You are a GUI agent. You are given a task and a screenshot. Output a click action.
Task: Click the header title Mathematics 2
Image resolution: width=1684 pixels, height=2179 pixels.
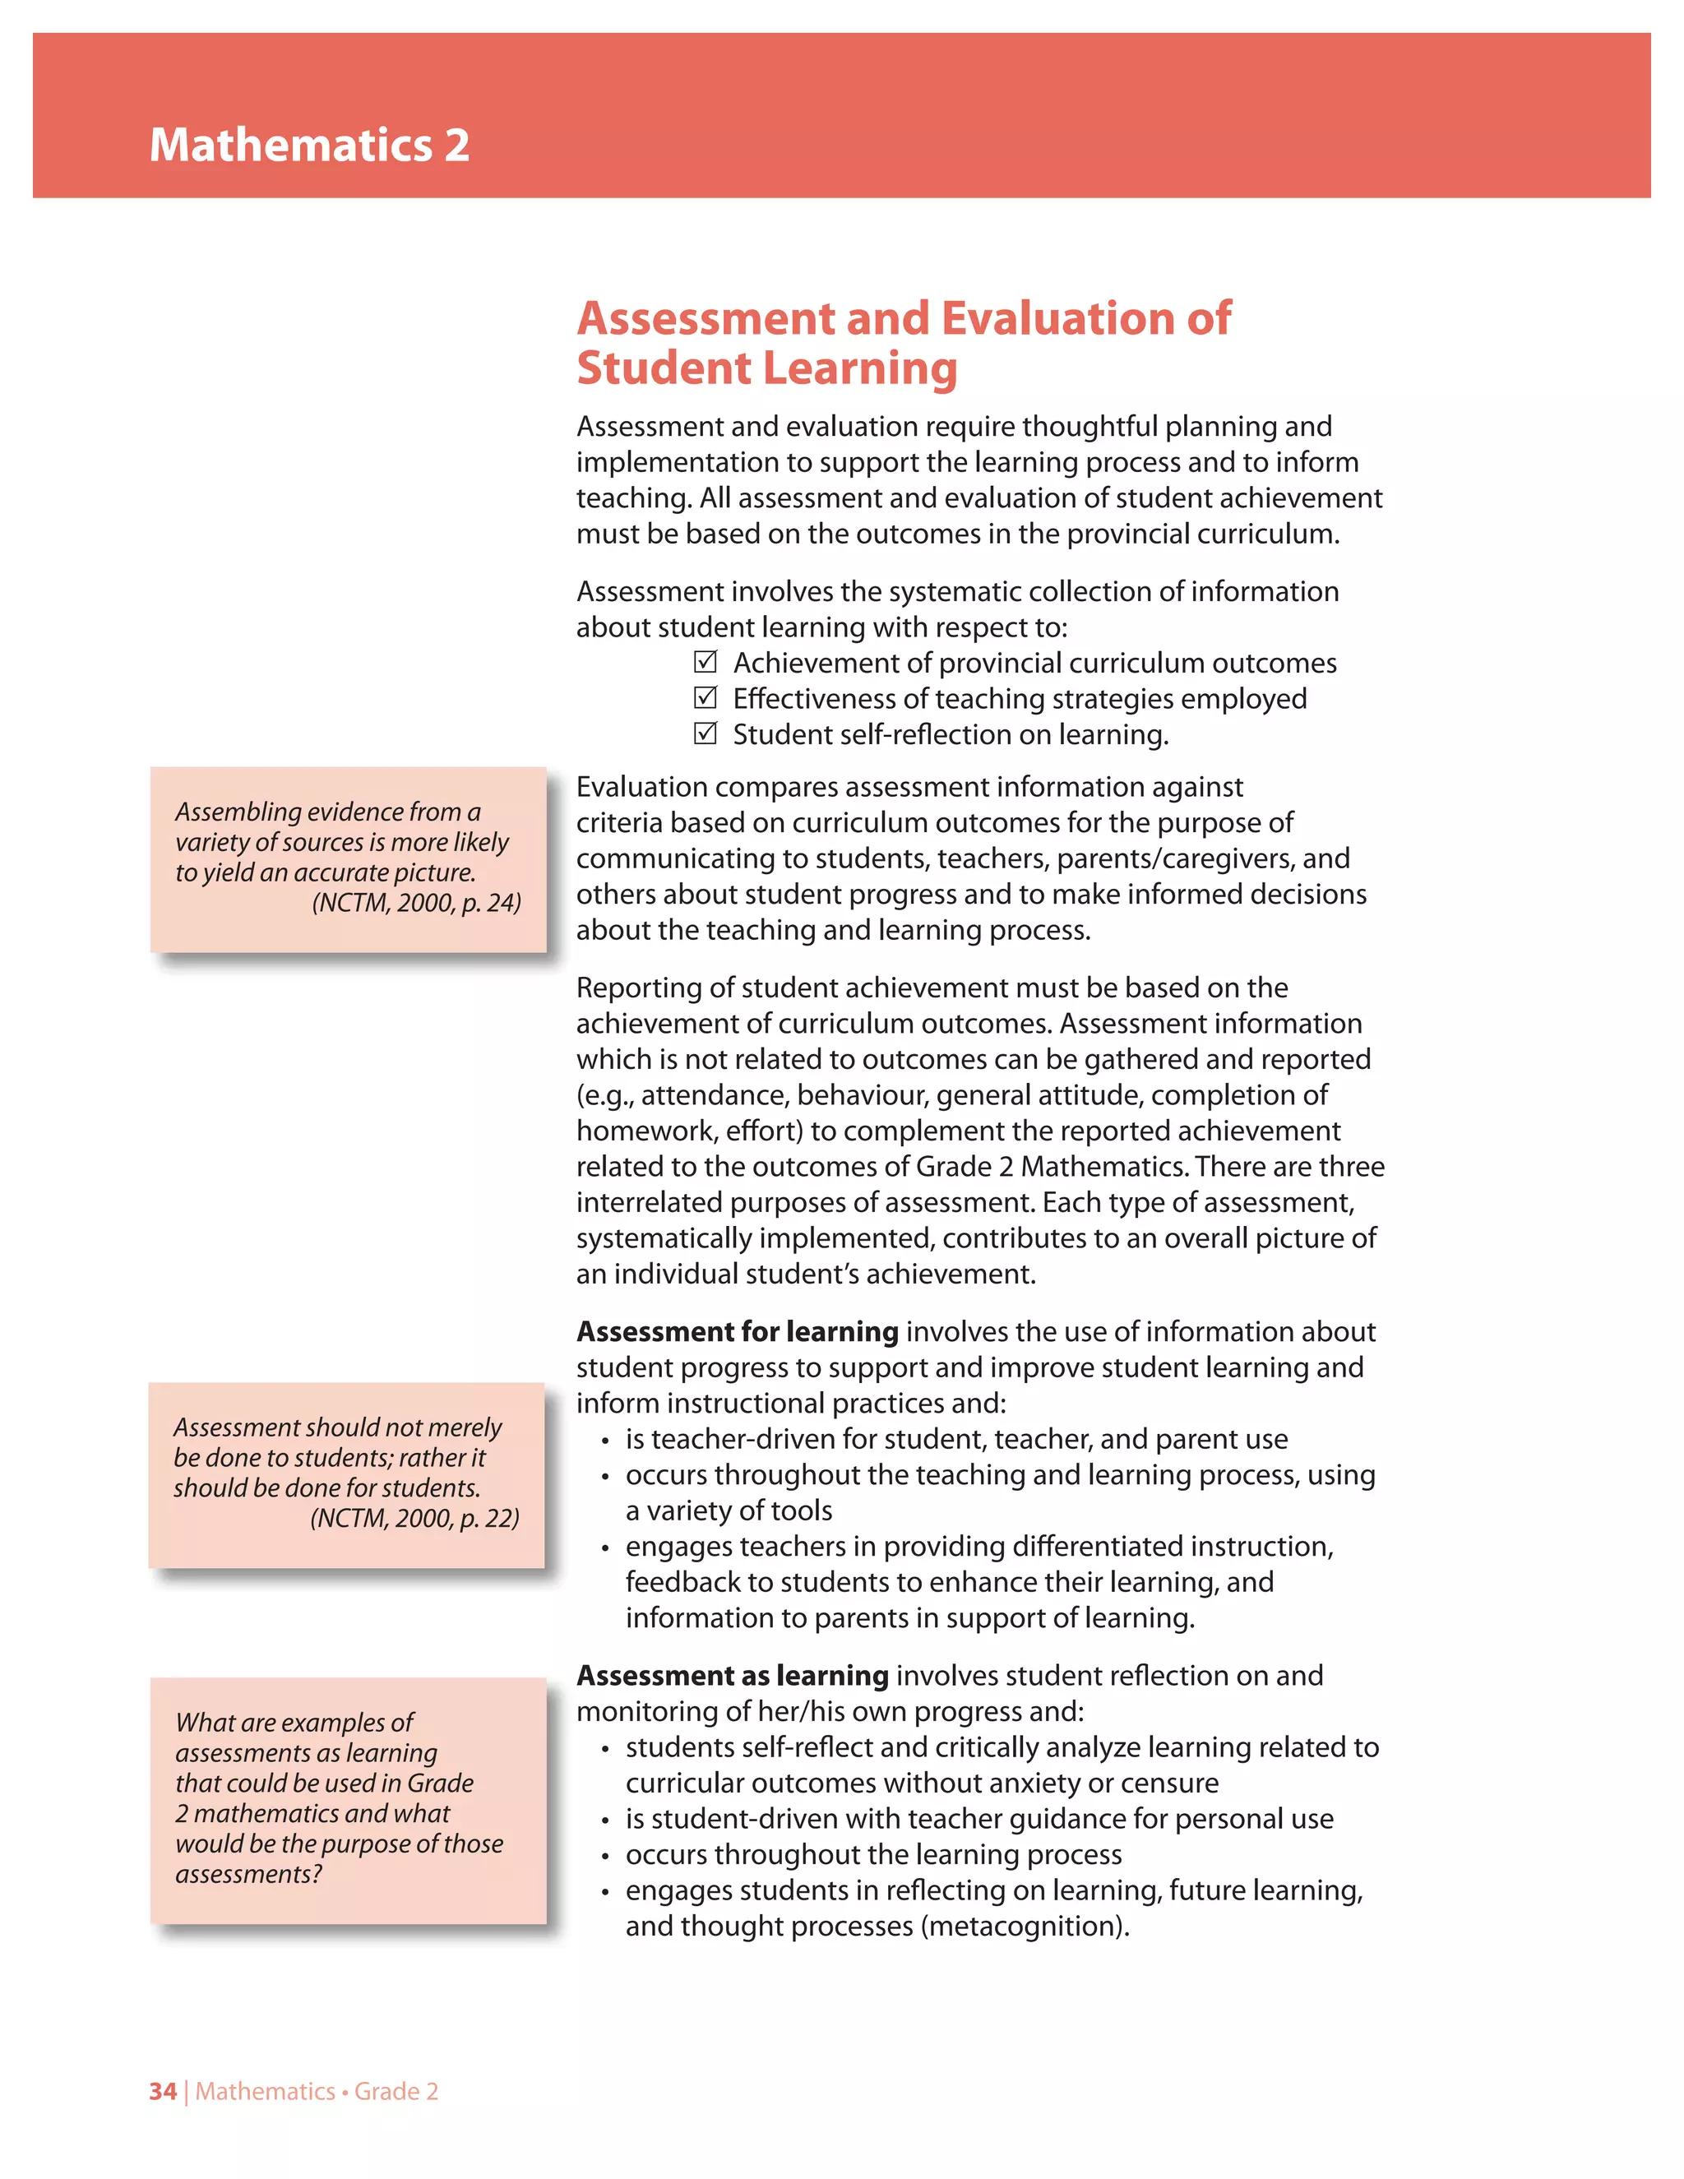309,146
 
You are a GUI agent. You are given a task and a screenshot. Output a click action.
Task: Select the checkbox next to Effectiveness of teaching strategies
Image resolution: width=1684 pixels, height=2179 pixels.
706,698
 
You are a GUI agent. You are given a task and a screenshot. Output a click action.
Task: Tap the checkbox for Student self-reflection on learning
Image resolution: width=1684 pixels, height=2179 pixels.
706,734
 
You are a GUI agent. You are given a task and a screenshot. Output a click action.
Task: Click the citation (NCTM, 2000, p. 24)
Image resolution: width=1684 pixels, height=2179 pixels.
416,903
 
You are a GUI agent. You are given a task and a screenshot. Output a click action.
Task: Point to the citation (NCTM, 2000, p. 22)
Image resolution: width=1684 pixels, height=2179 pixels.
414,1519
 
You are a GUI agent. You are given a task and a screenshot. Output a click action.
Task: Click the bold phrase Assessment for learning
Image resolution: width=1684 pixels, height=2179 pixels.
738,1332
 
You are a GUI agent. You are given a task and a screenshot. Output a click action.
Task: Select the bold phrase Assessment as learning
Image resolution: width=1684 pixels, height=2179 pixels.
733,1676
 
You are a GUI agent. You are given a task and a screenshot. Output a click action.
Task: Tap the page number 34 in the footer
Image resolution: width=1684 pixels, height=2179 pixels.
163,2091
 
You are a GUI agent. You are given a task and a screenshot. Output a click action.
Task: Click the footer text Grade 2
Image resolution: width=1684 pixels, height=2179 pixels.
396,2091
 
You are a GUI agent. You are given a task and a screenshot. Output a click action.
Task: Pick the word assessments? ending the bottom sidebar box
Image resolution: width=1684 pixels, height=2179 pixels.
248,1875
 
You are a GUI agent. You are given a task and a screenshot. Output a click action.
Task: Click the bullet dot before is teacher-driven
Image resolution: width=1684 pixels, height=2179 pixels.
604,1441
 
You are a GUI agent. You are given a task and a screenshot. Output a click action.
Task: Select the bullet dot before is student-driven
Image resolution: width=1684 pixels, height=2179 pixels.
604,1820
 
